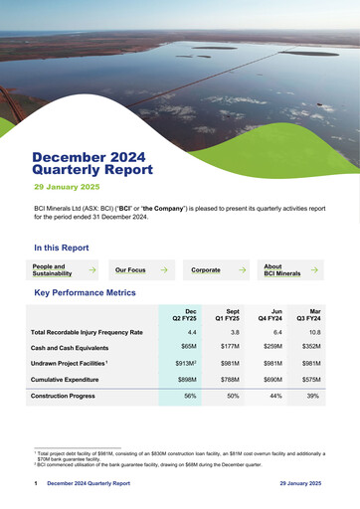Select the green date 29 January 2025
tap(67, 187)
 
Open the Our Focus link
tap(130, 269)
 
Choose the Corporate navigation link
tap(206, 269)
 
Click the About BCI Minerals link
tap(281, 269)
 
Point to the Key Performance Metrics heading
tap(85, 293)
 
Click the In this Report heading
tap(61, 248)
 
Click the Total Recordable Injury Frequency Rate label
tap(87, 331)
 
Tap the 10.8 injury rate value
tap(314, 331)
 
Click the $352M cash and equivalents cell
tap(311, 347)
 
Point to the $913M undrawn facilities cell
tap(186, 364)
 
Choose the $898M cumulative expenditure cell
tap(186, 380)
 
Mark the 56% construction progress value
tap(189, 396)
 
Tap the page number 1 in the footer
tap(36, 483)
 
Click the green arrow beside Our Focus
tap(167, 269)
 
